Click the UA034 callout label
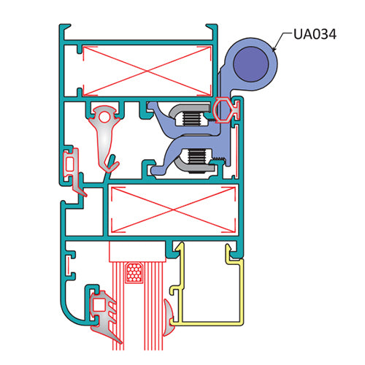[315, 34]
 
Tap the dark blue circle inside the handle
[250, 64]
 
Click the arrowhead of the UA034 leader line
[274, 49]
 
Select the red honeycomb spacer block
[134, 273]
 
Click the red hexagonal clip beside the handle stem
[221, 109]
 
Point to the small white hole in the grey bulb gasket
[104, 118]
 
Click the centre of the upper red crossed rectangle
[147, 71]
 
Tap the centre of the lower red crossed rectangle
[173, 210]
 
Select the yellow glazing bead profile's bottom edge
[207, 323]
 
